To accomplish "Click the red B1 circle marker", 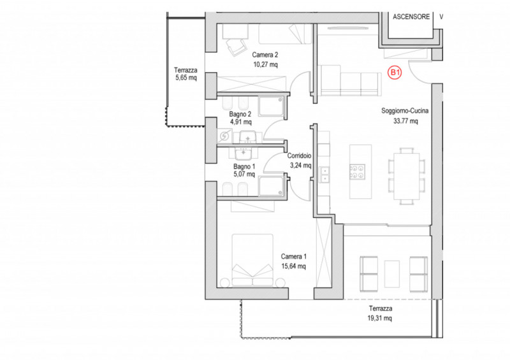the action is point(395,73).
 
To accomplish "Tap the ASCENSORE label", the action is point(411,17).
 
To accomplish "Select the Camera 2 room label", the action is point(265,55).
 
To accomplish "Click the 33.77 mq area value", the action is point(405,121).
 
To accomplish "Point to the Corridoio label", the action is point(299,155).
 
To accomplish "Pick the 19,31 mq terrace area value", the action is point(379,318).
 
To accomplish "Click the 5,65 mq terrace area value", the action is point(186,78).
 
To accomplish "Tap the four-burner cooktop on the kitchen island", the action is point(358,171).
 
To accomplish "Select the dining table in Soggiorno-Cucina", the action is point(407,176).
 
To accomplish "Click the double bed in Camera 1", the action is point(252,261).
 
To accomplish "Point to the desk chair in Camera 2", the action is point(235,47).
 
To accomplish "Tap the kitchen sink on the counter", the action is point(324,175).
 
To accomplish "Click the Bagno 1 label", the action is point(244,166).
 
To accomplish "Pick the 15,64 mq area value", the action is point(293,266).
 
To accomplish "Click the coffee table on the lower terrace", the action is point(392,274).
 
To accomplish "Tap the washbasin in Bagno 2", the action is point(247,137).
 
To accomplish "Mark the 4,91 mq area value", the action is point(241,122).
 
